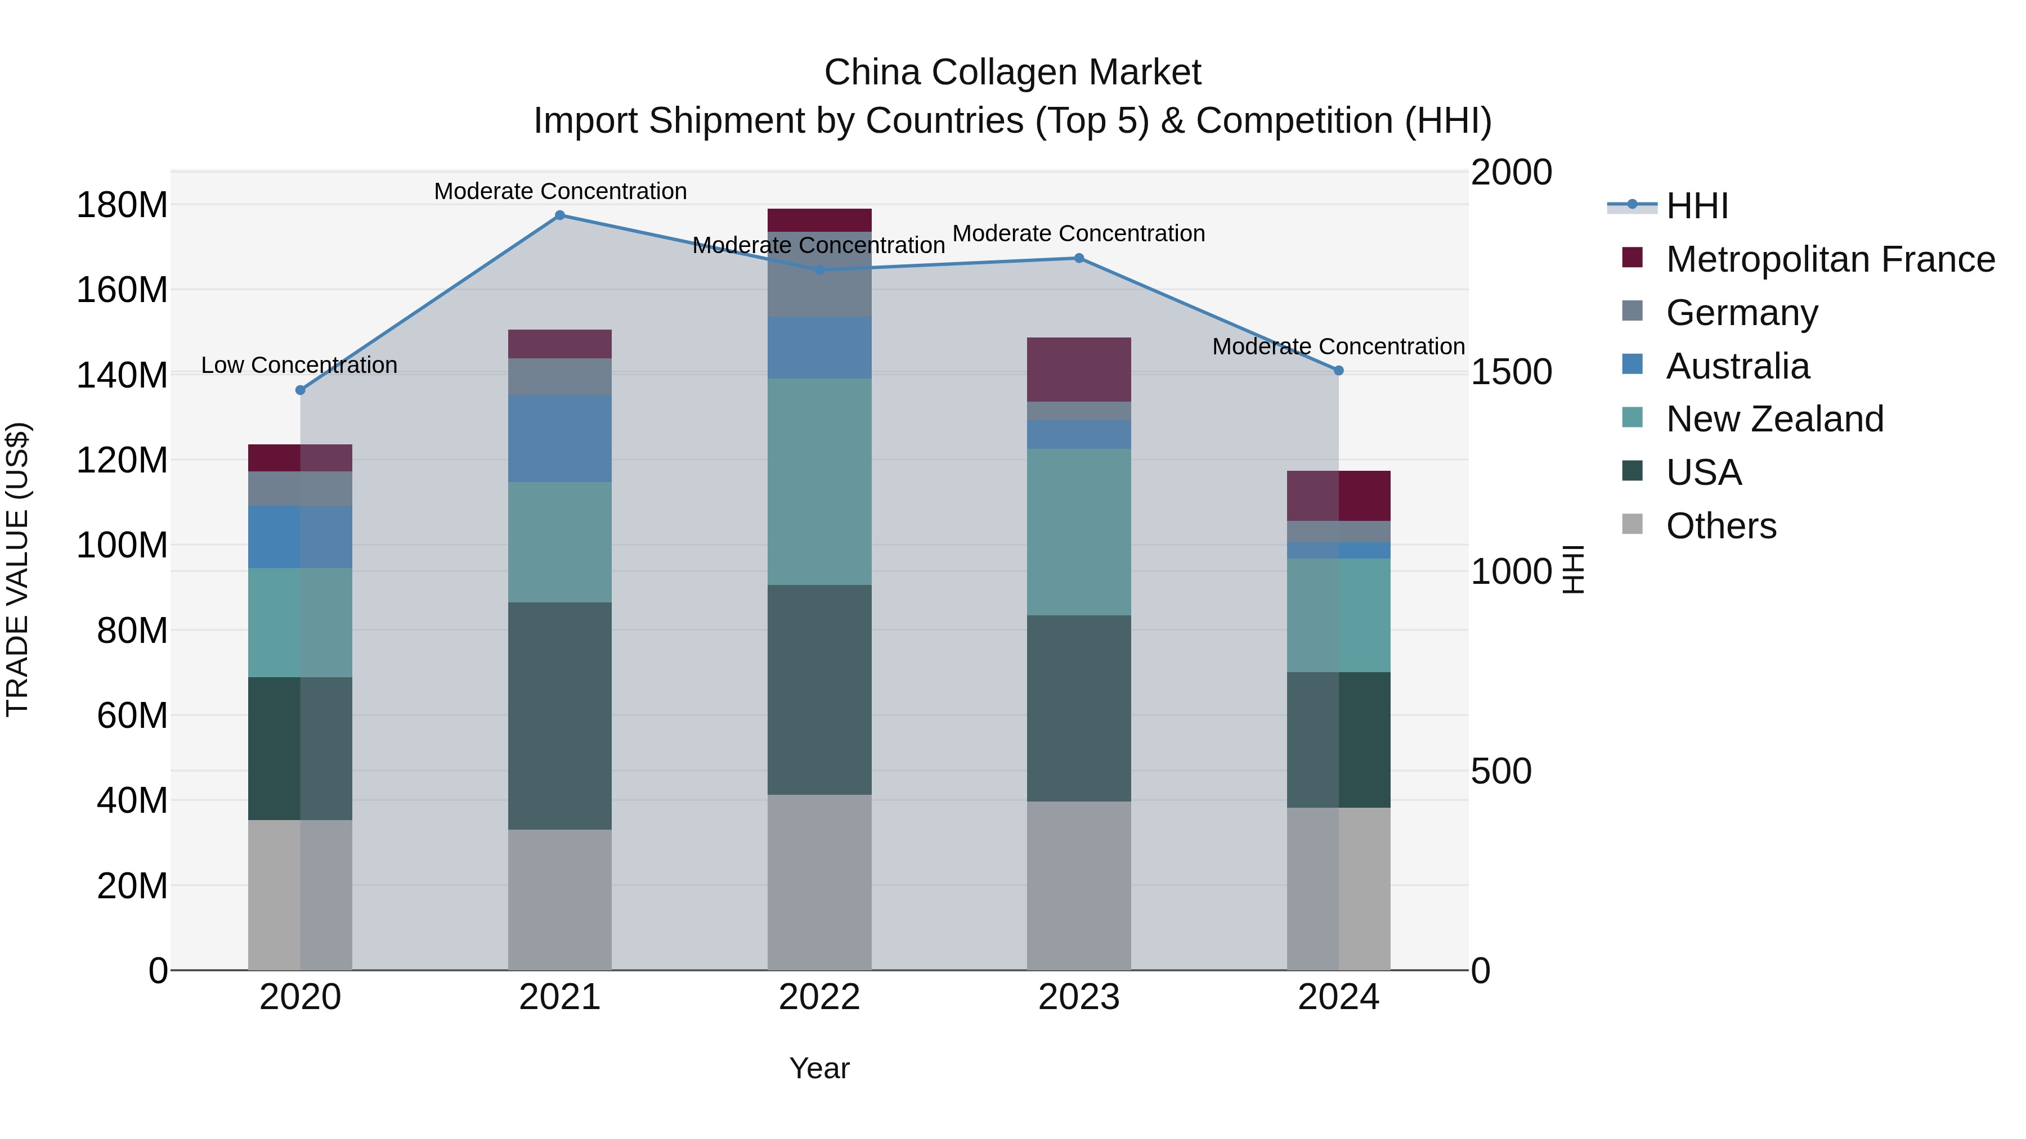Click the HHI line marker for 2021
click(x=560, y=215)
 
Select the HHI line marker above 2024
click(x=1339, y=370)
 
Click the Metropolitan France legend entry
click(x=1830, y=259)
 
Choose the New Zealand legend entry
click(x=1774, y=419)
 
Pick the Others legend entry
click(x=1721, y=526)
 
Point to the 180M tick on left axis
click(x=122, y=205)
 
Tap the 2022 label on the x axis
click(x=819, y=997)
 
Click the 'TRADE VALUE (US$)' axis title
click(x=17, y=569)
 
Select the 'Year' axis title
click(x=819, y=1068)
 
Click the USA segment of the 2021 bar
click(x=560, y=715)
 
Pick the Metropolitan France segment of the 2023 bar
click(x=1079, y=370)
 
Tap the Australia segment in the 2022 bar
click(x=819, y=348)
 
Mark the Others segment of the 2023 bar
click(x=1079, y=885)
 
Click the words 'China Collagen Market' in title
click(x=1012, y=73)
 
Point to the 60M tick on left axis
click(x=132, y=715)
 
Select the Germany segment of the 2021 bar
click(x=560, y=376)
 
